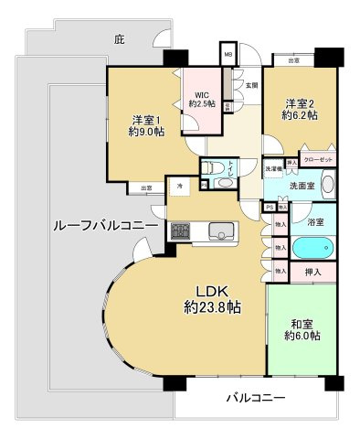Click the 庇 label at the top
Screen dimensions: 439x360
coord(119,39)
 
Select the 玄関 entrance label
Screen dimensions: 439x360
coord(251,85)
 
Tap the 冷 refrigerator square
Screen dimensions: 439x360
coord(180,186)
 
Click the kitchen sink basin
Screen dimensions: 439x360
coord(221,230)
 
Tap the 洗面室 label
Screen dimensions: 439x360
coord(303,183)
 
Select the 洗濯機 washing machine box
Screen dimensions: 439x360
coord(273,168)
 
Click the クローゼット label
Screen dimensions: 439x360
coord(320,161)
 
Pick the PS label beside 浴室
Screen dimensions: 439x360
coord(269,207)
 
